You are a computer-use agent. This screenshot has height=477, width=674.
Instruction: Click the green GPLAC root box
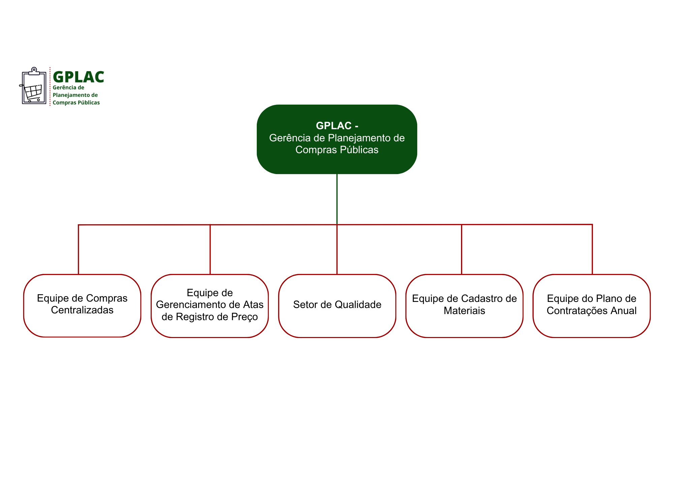click(337, 139)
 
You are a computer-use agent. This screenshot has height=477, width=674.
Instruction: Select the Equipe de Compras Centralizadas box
click(82, 306)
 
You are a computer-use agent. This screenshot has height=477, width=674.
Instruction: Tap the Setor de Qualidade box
click(337, 306)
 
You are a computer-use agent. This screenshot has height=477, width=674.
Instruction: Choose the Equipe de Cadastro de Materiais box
click(464, 306)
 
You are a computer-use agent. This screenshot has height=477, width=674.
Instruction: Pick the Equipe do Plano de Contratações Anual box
click(591, 306)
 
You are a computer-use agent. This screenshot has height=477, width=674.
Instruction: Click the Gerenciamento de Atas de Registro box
click(210, 306)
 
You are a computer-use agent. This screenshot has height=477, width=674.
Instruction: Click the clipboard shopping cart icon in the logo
click(33, 86)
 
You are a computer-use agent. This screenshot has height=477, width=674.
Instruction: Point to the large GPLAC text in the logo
click(79, 77)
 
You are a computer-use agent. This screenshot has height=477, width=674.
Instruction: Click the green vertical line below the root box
click(337, 199)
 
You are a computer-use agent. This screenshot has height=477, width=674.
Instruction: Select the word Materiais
click(464, 311)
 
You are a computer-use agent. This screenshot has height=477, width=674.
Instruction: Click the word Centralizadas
click(82, 310)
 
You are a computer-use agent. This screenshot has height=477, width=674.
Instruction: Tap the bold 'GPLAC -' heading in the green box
click(337, 125)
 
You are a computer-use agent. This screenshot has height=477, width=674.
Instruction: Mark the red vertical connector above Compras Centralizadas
click(79, 249)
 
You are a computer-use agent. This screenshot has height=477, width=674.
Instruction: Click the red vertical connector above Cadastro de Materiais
click(461, 249)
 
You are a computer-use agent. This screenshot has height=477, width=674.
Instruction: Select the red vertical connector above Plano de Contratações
click(592, 249)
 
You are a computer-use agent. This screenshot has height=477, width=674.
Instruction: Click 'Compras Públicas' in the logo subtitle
click(76, 103)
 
